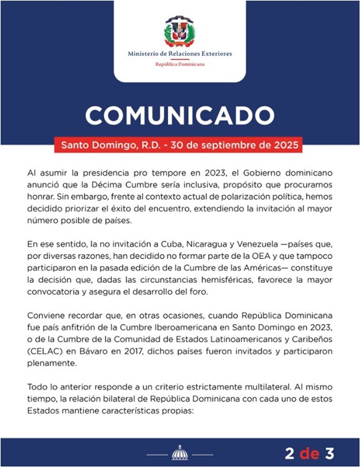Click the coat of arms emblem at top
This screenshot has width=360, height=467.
[180, 31]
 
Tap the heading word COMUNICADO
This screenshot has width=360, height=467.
[180, 115]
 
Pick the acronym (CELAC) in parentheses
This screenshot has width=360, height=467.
[45, 349]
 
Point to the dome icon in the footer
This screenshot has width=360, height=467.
[180, 453]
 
